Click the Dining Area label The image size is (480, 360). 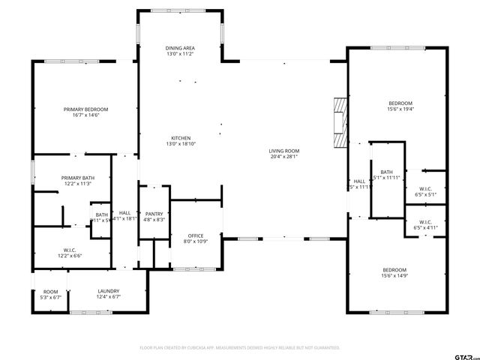pyautogui.click(x=180, y=48)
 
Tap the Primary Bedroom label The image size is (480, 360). pyautogui.click(x=86, y=109)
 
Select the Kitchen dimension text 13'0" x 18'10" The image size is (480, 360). pyautogui.click(x=180, y=144)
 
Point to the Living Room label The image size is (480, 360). pyautogui.click(x=284, y=151)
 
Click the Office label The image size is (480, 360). pyautogui.click(x=196, y=235)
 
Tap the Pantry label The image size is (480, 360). pyautogui.click(x=154, y=214)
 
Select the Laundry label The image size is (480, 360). pyautogui.click(x=109, y=291)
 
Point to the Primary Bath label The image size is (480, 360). pyautogui.click(x=76, y=178)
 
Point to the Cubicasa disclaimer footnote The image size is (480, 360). pyautogui.click(x=240, y=348)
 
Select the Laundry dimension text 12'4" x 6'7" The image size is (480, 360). pyautogui.click(x=109, y=297)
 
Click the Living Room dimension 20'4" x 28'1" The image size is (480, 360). pyautogui.click(x=284, y=157)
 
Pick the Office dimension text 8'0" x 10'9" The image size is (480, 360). pyautogui.click(x=196, y=241)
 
